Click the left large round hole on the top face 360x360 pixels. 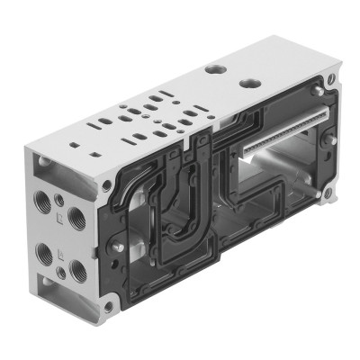211,67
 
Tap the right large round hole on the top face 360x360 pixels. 249,82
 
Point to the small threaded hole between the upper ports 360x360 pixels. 60,199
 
